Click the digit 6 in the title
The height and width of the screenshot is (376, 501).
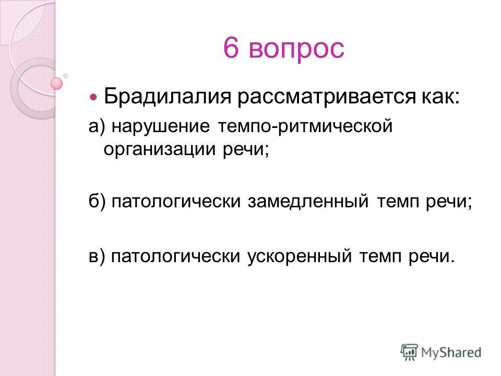pyautogui.click(x=231, y=48)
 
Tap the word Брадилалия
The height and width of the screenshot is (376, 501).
pyautogui.click(x=168, y=96)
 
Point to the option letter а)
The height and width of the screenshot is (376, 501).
pyautogui.click(x=97, y=126)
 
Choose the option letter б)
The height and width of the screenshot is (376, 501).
pyautogui.click(x=97, y=202)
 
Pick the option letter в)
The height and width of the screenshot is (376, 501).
pyautogui.click(x=97, y=256)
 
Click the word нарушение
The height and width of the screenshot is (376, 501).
pyautogui.click(x=161, y=127)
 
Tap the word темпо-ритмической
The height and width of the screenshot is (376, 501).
pyautogui.click(x=305, y=127)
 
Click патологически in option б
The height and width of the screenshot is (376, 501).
pyautogui.click(x=176, y=202)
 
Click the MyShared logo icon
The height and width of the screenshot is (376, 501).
pyautogui.click(x=409, y=352)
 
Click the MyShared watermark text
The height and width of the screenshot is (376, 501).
pyautogui.click(x=451, y=352)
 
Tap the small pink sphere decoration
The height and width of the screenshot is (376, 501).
pyautogui.click(x=57, y=84)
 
